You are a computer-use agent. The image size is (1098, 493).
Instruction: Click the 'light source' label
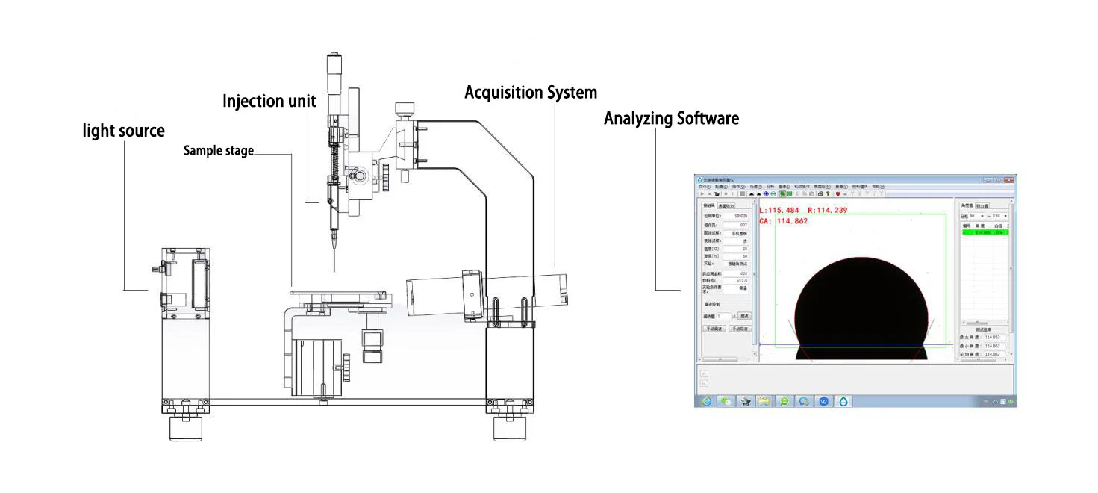pos(123,131)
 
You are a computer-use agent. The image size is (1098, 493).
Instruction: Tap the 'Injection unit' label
pos(269,101)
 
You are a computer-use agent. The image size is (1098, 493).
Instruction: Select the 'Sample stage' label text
pos(219,151)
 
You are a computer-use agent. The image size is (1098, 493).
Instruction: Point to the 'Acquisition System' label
pos(531,93)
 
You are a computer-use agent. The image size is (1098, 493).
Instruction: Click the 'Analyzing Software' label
pos(671,118)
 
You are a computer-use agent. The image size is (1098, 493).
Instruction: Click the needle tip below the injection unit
pos(334,270)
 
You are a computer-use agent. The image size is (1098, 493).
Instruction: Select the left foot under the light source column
pos(186,427)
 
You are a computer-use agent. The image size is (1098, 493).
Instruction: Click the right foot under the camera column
pos(509,428)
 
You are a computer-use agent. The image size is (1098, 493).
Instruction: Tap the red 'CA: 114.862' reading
pos(783,221)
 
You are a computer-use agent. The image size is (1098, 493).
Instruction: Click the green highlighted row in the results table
pos(984,232)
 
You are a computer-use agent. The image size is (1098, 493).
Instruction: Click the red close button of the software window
pos(1009,180)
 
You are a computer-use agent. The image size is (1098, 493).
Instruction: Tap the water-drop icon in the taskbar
pos(843,401)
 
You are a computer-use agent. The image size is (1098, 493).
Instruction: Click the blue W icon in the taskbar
pos(824,401)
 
